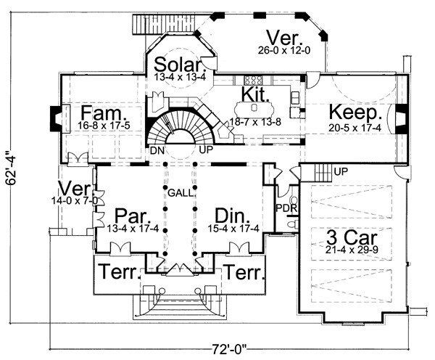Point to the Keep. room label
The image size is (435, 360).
(x=355, y=113)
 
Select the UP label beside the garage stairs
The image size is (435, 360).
(x=341, y=171)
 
